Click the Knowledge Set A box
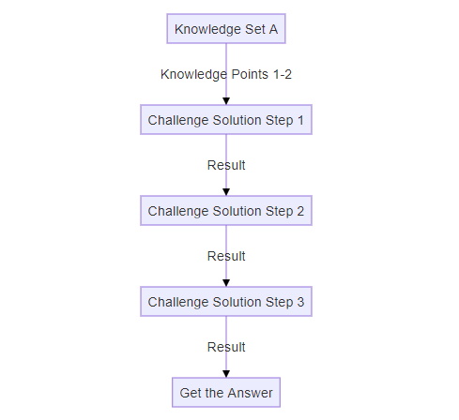tap(226, 29)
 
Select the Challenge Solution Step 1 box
tap(226, 120)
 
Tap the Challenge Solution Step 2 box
tap(226, 211)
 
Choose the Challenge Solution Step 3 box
tap(226, 302)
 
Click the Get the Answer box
tap(226, 393)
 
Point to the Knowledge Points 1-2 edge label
tap(226, 74)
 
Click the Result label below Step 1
tap(226, 165)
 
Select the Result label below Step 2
tap(226, 256)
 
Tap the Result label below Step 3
tap(226, 347)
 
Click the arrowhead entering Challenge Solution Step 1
tap(226, 101)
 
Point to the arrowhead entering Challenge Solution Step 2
tap(226, 192)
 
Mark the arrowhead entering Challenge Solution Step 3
tap(226, 283)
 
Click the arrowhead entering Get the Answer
tap(226, 374)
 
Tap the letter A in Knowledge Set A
tap(273, 29)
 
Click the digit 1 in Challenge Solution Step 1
tap(300, 120)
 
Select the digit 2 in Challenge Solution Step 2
tap(300, 211)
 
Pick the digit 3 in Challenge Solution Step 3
tap(300, 302)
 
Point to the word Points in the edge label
tap(250, 74)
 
